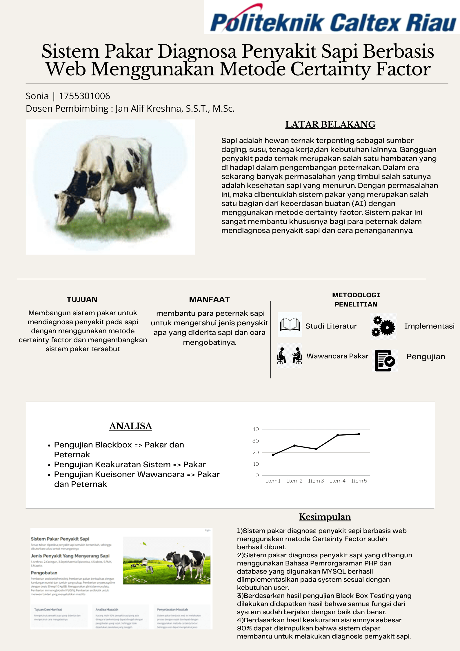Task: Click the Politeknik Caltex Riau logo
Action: click(332, 20)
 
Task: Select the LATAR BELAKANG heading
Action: click(330, 124)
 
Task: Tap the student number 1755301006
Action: click(84, 96)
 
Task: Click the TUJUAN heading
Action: click(82, 299)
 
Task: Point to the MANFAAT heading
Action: click(209, 299)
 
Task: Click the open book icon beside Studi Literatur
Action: click(290, 324)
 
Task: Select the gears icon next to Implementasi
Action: click(383, 326)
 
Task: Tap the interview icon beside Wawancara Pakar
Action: click(289, 356)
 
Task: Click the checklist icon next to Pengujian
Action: click(385, 360)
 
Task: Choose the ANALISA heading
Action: click(130, 426)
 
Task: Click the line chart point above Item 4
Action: click(338, 435)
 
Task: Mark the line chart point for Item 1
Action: click(273, 455)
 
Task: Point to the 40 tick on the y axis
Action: click(255, 429)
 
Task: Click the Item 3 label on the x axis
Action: click(316, 481)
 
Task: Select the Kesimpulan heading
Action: click(325, 517)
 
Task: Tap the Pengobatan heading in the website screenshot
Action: click(44, 573)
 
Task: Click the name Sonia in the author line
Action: click(37, 96)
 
